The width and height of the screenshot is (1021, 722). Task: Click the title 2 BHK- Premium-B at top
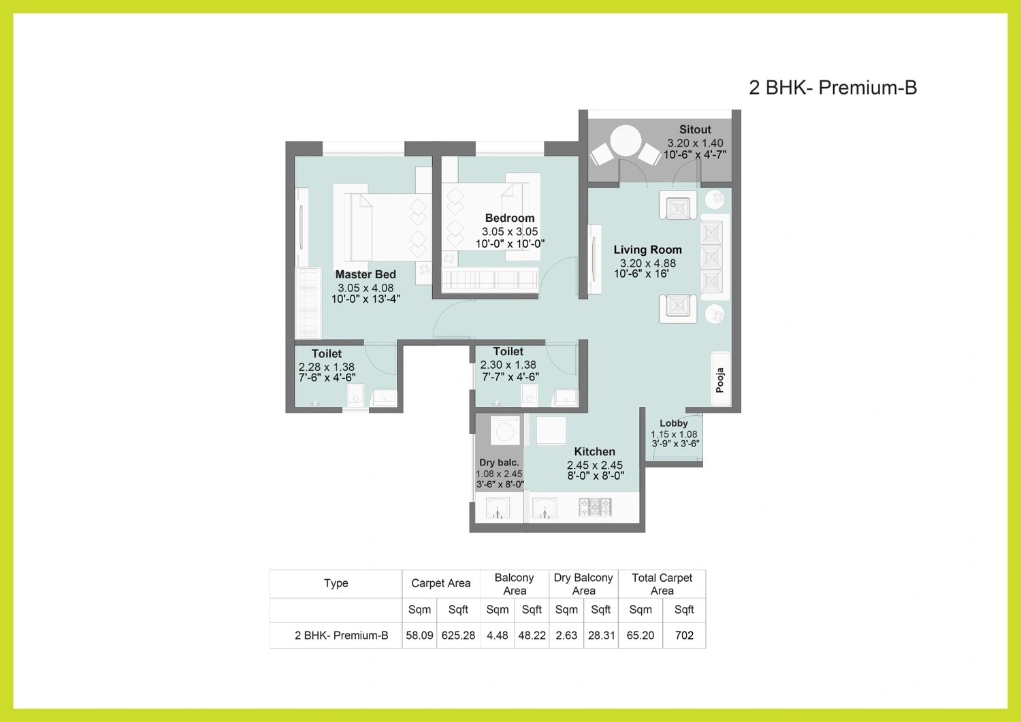click(832, 88)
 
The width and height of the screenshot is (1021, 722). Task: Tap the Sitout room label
click(695, 129)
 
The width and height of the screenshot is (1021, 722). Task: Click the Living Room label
click(647, 250)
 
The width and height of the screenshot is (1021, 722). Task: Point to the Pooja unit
click(721, 379)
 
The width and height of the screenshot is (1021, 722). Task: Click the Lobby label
click(674, 423)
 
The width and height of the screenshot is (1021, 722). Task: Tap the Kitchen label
click(594, 452)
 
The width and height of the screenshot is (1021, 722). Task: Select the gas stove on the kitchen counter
click(595, 507)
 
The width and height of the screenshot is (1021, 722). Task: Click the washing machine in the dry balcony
click(505, 430)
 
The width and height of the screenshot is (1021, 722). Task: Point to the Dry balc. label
click(499, 463)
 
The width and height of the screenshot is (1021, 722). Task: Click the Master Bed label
click(366, 274)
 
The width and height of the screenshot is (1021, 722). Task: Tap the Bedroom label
click(510, 218)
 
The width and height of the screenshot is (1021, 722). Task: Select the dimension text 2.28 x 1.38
click(326, 367)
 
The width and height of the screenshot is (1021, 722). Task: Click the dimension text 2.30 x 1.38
click(508, 365)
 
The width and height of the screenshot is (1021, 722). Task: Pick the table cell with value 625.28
click(458, 636)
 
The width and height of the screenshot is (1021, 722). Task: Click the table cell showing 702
click(684, 636)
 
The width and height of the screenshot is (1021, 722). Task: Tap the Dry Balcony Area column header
click(583, 584)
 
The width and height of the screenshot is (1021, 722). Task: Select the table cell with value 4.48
click(498, 636)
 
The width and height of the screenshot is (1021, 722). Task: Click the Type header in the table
click(336, 583)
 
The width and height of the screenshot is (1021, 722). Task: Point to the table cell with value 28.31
click(601, 636)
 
